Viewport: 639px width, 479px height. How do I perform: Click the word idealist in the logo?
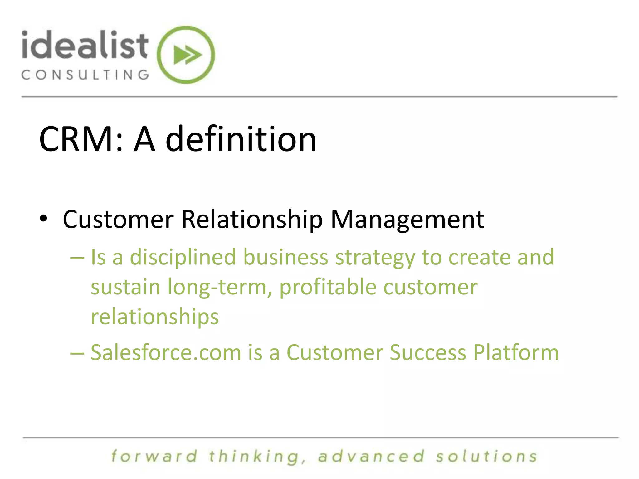85,46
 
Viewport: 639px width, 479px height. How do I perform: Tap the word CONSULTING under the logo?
85,75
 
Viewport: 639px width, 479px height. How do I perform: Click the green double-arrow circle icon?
186,55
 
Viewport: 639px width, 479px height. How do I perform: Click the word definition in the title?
241,139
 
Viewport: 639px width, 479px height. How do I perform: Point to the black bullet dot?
44,219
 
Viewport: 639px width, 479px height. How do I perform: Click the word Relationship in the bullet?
252,220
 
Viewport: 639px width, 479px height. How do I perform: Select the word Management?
407,220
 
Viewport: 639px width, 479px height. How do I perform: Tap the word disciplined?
183,257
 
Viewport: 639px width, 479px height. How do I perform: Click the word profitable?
328,287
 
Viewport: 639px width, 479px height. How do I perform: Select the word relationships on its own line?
155,317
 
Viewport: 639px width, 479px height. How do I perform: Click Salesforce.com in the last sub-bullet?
166,353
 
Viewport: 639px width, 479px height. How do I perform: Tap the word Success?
428,353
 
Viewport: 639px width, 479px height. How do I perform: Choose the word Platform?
516,353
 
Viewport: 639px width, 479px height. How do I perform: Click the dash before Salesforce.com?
77,353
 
